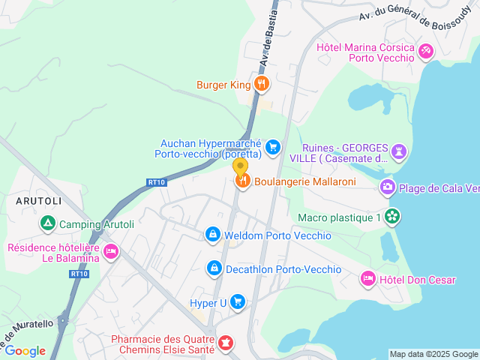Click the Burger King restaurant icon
[x=261, y=85]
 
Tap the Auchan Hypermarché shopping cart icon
[x=273, y=147]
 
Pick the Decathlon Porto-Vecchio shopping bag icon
[x=214, y=268]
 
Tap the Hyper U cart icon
[x=238, y=302]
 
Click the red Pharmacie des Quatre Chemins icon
[x=225, y=343]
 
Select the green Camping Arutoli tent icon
[x=47, y=223]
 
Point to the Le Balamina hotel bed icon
[x=111, y=251]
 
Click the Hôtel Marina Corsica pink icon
[x=426, y=51]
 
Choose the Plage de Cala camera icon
[x=387, y=187]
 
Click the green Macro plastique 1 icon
[x=391, y=217]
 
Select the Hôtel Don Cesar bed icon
[x=367, y=279]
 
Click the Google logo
[x=25, y=350]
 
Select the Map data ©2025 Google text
[x=433, y=354]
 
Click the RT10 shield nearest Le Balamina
[x=79, y=274]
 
